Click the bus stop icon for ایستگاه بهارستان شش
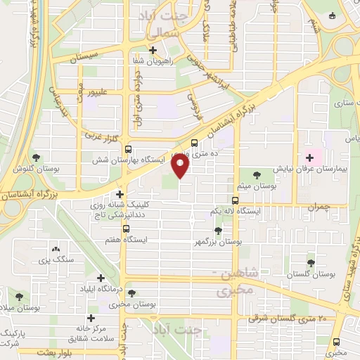[127, 150]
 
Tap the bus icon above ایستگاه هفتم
[127, 229]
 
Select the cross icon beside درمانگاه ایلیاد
[100, 279]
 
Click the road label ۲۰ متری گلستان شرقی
[288, 319]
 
